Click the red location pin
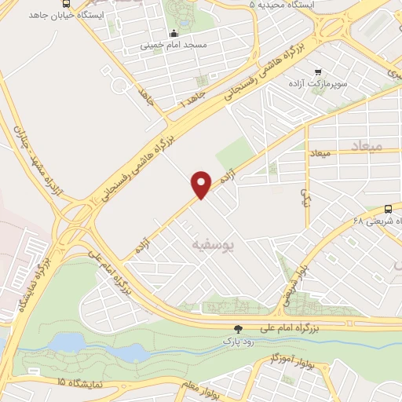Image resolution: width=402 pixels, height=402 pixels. pyautogui.click(x=202, y=184)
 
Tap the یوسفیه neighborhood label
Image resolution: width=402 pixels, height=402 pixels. pyautogui.click(x=211, y=245)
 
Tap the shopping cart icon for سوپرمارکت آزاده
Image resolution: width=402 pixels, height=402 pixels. pyautogui.click(x=317, y=70)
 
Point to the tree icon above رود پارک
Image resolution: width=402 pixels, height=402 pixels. pyautogui.click(x=238, y=329)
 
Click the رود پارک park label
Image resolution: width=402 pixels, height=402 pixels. pyautogui.click(x=228, y=342)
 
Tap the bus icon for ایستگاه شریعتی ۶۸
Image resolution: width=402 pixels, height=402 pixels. pyautogui.click(x=388, y=209)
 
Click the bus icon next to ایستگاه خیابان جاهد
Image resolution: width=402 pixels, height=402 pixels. pyautogui.click(x=63, y=2)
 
